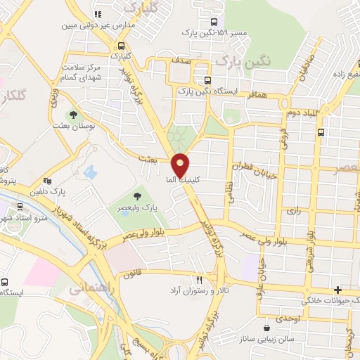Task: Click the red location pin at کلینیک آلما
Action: point(181,165)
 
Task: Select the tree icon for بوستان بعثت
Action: point(72,115)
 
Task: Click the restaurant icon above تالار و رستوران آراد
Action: point(200,279)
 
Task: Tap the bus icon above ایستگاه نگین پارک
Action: point(207,80)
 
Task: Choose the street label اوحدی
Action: point(288,319)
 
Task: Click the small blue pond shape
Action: point(89,171)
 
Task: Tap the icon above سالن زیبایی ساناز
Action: point(266,328)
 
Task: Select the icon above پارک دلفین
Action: point(47,179)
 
